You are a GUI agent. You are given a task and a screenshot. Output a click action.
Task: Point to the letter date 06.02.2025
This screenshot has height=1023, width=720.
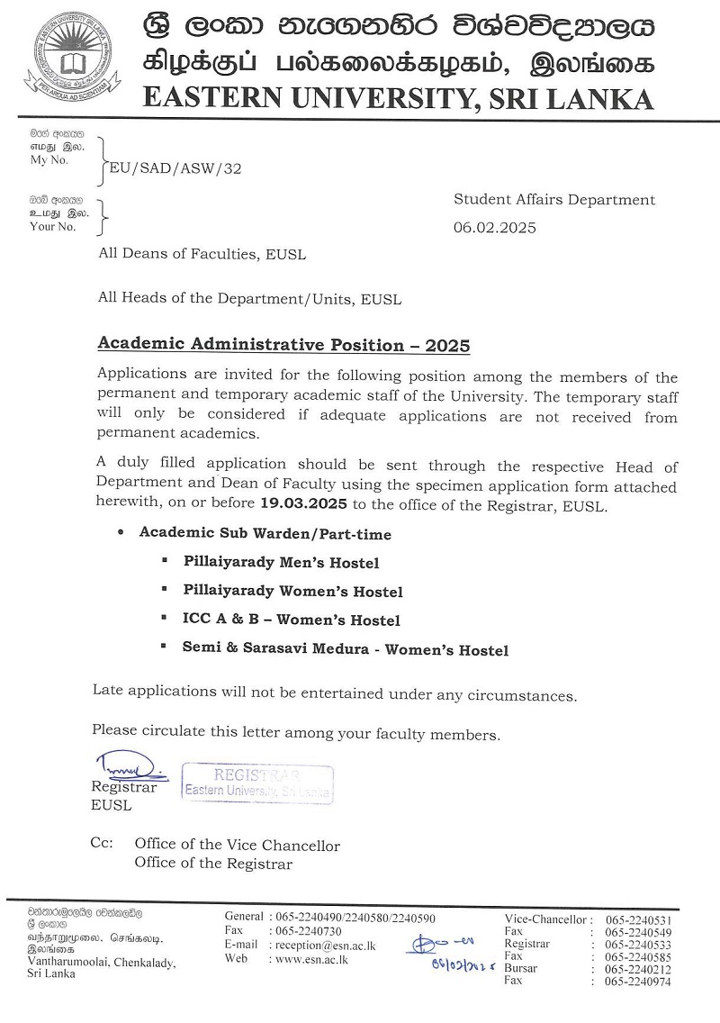494,228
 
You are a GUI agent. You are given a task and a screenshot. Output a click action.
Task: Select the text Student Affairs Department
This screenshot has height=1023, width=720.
554,200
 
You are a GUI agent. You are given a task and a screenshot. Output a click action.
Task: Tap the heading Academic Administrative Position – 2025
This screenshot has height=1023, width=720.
283,345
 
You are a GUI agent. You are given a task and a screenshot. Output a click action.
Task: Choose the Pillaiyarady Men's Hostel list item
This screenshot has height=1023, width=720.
281,563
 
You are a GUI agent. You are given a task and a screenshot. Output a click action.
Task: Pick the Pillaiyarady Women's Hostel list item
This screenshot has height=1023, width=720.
292,592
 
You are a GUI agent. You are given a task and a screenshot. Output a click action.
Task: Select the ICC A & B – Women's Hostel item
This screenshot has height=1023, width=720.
292,620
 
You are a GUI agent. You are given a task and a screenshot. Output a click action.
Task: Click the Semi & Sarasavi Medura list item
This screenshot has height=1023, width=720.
346,649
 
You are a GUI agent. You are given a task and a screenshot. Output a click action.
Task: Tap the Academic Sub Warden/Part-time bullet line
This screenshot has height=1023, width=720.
265,533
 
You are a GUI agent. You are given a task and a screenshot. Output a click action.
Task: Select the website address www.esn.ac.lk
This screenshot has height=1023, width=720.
311,959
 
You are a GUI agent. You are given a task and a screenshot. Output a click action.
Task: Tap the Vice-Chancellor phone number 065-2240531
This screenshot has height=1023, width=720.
638,919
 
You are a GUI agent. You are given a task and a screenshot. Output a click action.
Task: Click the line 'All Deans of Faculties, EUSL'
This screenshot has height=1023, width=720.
202,254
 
